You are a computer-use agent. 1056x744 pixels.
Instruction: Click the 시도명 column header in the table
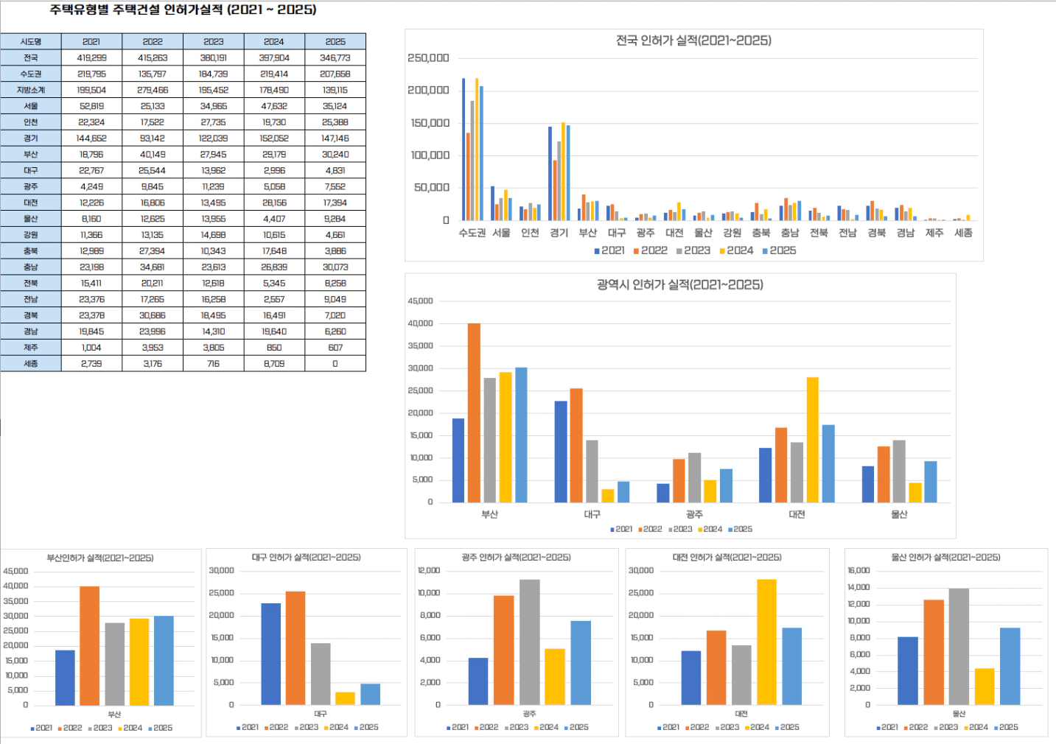(31, 42)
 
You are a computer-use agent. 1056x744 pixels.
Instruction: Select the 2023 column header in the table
(214, 42)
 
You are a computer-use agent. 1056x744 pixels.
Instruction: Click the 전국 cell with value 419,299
(91, 57)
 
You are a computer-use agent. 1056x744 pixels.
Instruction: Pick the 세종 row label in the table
(31, 364)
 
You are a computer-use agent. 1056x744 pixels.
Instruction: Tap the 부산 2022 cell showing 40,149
(153, 155)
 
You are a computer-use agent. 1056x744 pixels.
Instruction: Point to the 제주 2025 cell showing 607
(335, 348)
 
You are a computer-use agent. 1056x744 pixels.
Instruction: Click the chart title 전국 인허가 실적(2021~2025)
(693, 41)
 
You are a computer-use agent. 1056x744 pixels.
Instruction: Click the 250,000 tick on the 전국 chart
(428, 58)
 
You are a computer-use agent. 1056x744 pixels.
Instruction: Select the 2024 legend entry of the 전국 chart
(736, 250)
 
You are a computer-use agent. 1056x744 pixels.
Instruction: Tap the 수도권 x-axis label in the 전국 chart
(472, 233)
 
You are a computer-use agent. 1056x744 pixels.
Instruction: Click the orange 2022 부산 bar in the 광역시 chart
(474, 413)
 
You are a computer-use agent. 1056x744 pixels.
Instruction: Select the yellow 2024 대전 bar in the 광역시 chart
(813, 440)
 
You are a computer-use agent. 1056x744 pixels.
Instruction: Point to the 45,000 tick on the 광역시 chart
(420, 301)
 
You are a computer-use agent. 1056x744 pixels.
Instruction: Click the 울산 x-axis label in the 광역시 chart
(899, 514)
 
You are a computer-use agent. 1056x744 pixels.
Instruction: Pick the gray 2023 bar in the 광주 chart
(529, 642)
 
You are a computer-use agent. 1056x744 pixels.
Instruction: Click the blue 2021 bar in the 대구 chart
(270, 654)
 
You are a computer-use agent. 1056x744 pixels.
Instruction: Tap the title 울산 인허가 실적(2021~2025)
(945, 558)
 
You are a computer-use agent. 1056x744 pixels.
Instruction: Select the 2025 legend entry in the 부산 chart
(160, 728)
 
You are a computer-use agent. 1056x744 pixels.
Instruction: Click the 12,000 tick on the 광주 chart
(429, 571)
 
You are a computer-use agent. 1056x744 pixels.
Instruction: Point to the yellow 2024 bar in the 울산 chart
(985, 687)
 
